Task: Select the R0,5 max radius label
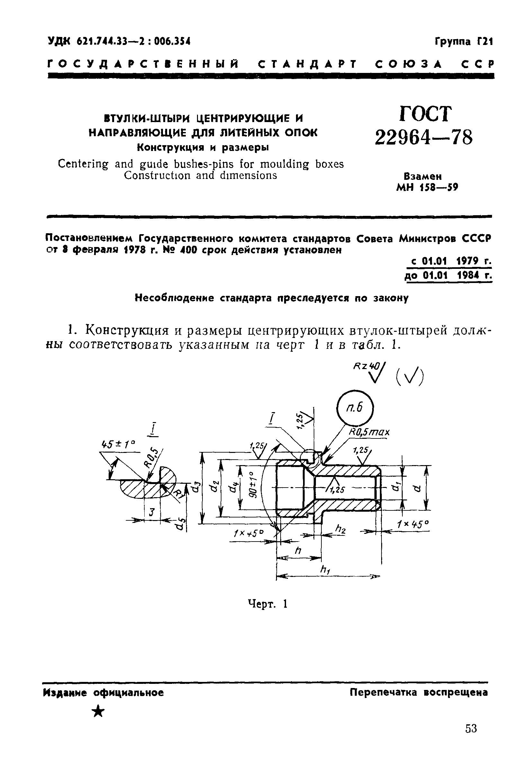coord(369,432)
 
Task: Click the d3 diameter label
coord(196,487)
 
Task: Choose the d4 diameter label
coord(233,487)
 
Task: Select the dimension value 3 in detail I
coord(152,512)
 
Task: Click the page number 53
coord(471,737)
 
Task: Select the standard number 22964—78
coord(424,137)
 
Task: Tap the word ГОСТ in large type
coord(426,114)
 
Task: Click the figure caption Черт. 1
coord(267,604)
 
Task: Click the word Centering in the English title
coord(83,164)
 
